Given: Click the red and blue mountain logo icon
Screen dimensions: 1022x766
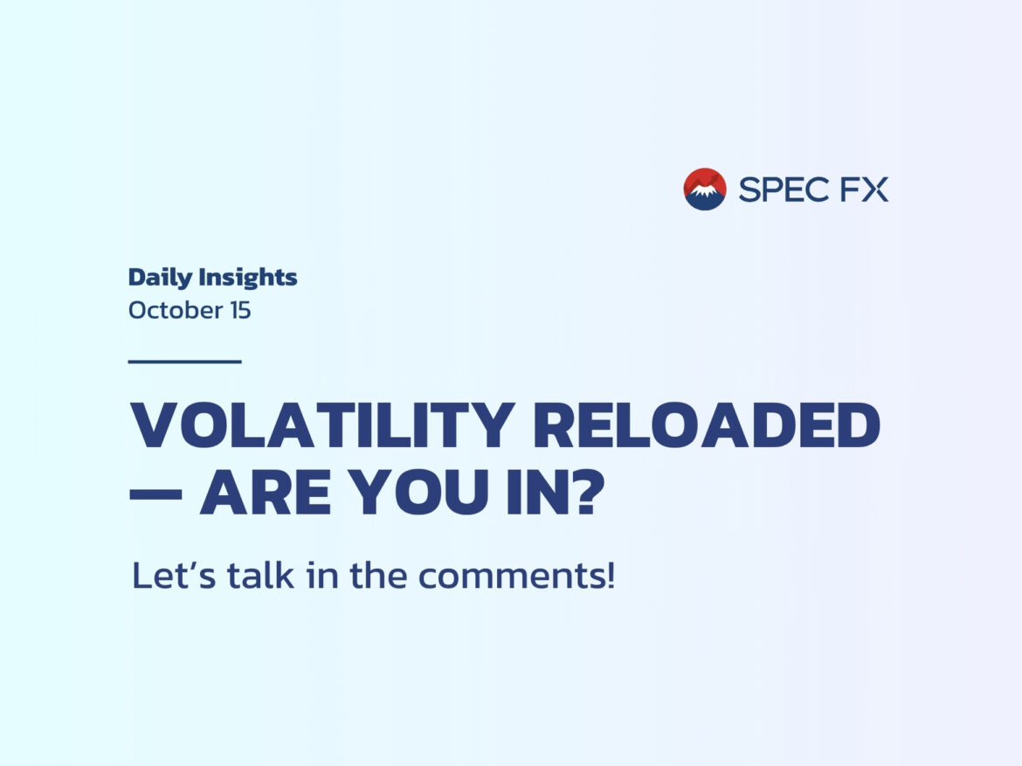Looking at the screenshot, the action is (705, 189).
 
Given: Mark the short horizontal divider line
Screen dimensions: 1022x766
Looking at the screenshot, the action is (185, 361).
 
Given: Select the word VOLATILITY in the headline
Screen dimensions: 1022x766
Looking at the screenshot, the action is (322, 425).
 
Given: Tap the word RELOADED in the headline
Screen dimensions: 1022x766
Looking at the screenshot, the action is (707, 425).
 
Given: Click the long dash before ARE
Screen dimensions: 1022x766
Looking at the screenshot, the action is (155, 493).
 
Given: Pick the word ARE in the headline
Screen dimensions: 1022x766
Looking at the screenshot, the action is (266, 492).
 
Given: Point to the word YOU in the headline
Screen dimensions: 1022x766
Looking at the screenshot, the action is (418, 492).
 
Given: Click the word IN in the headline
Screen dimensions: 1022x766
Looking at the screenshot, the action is (531, 492).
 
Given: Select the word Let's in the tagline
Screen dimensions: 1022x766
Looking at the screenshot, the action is (173, 576).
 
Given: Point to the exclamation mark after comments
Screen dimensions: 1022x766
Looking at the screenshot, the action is (610, 576).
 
